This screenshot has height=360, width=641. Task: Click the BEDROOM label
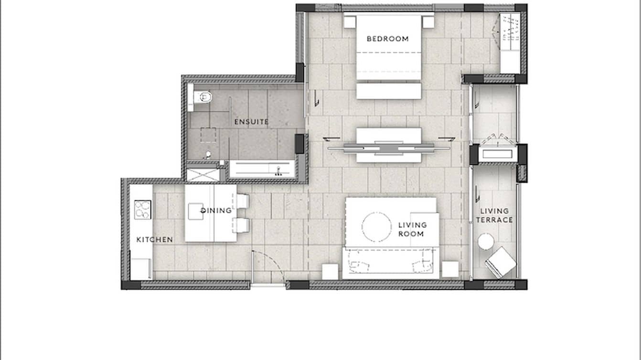(x=387, y=39)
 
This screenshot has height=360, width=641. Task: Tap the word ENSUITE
(x=251, y=122)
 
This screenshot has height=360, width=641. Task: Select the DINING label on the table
(x=216, y=211)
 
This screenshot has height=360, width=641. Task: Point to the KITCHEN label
(x=155, y=240)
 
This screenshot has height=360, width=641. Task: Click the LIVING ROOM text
(x=412, y=229)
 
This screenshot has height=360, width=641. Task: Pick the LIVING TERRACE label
(x=494, y=215)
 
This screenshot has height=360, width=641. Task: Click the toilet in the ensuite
(x=202, y=97)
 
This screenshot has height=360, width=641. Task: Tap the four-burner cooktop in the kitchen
(x=142, y=210)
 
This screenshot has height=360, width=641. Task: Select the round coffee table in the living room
(x=377, y=226)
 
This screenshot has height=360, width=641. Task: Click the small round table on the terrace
(x=486, y=242)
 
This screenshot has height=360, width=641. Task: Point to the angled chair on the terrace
(x=501, y=262)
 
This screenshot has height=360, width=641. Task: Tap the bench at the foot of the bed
(x=389, y=91)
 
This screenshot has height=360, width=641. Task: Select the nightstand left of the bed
(x=350, y=22)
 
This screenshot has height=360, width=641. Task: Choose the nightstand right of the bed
(x=428, y=22)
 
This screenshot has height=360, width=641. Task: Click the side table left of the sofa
(x=330, y=271)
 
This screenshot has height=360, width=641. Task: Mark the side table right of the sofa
(x=450, y=269)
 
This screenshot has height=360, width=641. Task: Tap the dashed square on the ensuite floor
(x=208, y=135)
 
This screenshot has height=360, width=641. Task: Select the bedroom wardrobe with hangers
(x=510, y=43)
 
